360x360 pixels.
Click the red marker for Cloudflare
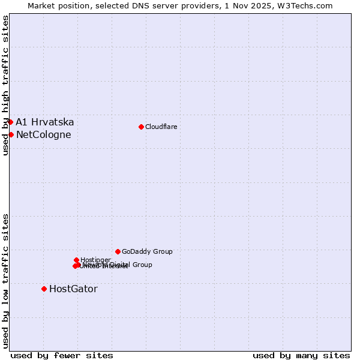click(x=141, y=127)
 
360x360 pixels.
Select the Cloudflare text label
click(x=161, y=127)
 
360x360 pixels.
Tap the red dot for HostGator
click(x=44, y=289)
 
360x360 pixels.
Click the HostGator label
click(x=73, y=289)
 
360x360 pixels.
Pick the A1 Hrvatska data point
click(x=10, y=122)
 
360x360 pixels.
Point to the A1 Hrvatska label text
click(x=45, y=122)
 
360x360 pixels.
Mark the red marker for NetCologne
click(x=11, y=134)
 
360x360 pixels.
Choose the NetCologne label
click(x=43, y=134)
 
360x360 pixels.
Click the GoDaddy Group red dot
click(x=118, y=251)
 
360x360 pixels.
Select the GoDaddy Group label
click(x=147, y=251)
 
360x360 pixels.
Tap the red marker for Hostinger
click(x=76, y=260)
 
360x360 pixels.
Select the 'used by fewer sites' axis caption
click(x=62, y=355)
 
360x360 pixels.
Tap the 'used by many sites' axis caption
click(x=301, y=355)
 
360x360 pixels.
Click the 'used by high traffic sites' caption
click(x=5, y=85)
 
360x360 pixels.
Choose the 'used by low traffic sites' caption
click(x=5, y=281)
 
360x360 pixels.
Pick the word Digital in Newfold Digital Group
click(x=120, y=265)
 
